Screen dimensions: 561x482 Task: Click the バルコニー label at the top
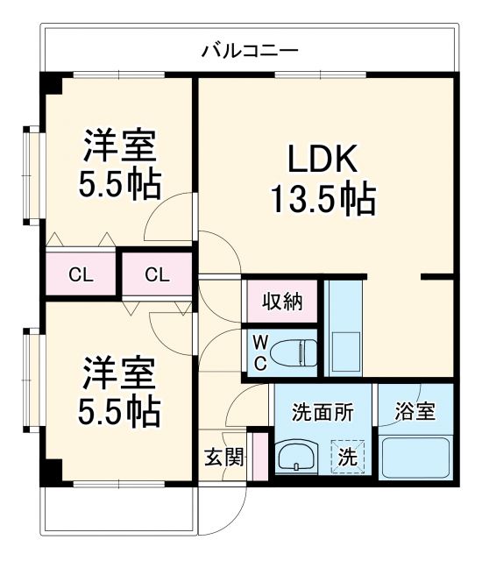click(249, 51)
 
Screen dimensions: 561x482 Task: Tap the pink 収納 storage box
click(281, 302)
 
